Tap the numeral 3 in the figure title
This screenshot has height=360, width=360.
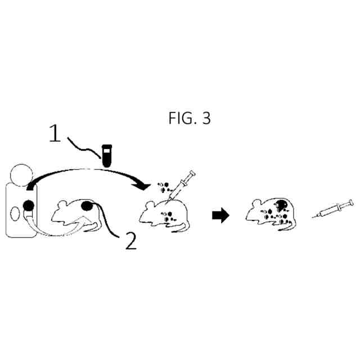[206, 119]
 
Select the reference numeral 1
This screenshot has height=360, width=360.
[54, 134]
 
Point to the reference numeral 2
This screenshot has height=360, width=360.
[130, 241]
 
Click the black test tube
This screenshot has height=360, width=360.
[105, 155]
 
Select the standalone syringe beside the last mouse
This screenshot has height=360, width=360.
[334, 209]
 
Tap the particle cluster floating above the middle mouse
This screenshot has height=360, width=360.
[164, 185]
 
